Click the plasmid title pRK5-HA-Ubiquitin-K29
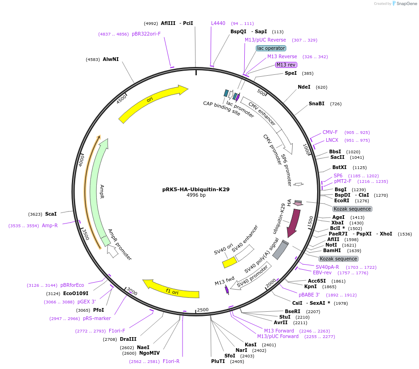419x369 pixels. [196, 189]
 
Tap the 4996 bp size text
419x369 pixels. [196, 195]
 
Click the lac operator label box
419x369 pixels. [271, 48]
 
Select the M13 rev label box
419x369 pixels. [286, 65]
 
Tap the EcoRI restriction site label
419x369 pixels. [342, 200]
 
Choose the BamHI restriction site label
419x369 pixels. [332, 250]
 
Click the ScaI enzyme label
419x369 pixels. [51, 214]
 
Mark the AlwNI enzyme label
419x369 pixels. [111, 59]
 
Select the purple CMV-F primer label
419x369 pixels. [330, 132]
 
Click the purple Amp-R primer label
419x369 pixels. [50, 225]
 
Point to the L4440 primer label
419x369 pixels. [218, 23]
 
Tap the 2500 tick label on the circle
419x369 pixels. [203, 309]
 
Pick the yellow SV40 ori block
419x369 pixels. [229, 262]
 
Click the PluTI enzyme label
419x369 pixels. [218, 361]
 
